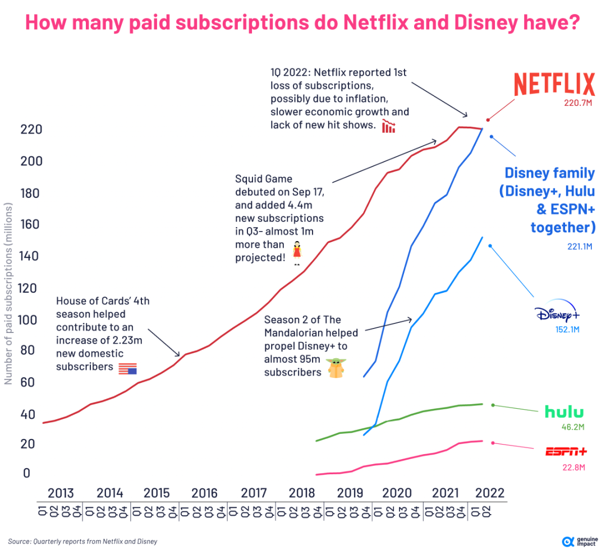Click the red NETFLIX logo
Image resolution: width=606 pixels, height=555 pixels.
click(554, 85)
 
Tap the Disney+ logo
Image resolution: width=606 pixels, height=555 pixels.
click(557, 314)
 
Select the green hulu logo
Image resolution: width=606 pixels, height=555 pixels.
click(564, 412)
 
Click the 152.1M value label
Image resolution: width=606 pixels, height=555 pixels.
click(567, 330)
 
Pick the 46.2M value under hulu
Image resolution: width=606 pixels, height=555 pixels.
click(572, 427)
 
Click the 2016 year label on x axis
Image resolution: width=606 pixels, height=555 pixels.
click(204, 493)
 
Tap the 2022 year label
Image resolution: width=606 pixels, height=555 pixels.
click(489, 493)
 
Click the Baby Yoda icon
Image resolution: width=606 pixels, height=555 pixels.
click(337, 368)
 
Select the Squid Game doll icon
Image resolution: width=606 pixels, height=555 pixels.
click(297, 252)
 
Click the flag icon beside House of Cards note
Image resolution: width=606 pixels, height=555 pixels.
click(127, 368)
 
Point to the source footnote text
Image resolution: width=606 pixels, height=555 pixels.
click(82, 542)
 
